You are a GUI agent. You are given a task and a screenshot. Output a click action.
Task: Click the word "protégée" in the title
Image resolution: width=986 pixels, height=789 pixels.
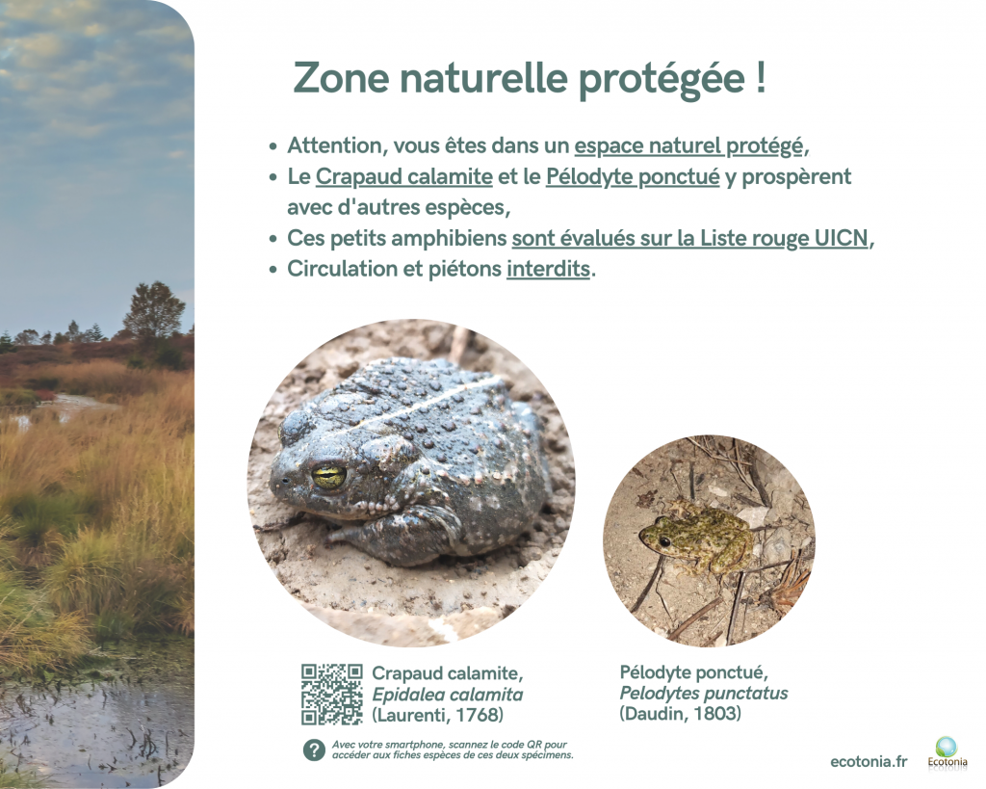click(661, 79)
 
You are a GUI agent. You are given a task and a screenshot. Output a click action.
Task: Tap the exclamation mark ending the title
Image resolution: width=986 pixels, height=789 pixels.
click(761, 77)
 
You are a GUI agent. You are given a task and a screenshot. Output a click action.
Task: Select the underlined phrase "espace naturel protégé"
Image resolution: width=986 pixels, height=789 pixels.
click(688, 146)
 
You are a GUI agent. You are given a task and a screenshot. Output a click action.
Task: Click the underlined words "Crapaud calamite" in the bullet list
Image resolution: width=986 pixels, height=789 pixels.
click(403, 177)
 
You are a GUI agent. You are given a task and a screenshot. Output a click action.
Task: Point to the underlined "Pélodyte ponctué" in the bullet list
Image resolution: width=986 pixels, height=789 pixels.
click(633, 177)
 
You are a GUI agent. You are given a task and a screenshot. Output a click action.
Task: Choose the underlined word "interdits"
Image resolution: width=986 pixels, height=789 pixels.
click(548, 270)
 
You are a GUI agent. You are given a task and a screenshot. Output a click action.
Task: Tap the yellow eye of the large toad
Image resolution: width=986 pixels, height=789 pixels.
click(329, 476)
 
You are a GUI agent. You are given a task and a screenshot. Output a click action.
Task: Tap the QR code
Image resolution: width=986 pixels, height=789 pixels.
click(332, 694)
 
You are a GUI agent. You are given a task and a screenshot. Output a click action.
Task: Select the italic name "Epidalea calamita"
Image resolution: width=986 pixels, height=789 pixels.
click(447, 695)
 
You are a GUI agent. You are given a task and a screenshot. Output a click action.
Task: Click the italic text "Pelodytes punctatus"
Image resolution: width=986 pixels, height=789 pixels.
click(704, 694)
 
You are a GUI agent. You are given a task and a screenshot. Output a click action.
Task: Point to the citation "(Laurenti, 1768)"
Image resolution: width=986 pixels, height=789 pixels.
click(438, 716)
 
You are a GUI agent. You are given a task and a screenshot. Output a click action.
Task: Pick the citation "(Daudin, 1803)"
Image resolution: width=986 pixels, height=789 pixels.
click(681, 714)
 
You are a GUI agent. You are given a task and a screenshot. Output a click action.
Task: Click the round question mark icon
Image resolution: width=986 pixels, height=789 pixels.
click(314, 750)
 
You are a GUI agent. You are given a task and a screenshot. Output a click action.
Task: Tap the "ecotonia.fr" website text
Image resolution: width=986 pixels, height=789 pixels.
click(869, 762)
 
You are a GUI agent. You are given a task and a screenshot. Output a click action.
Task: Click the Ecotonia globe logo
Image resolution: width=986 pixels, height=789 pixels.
click(947, 747)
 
